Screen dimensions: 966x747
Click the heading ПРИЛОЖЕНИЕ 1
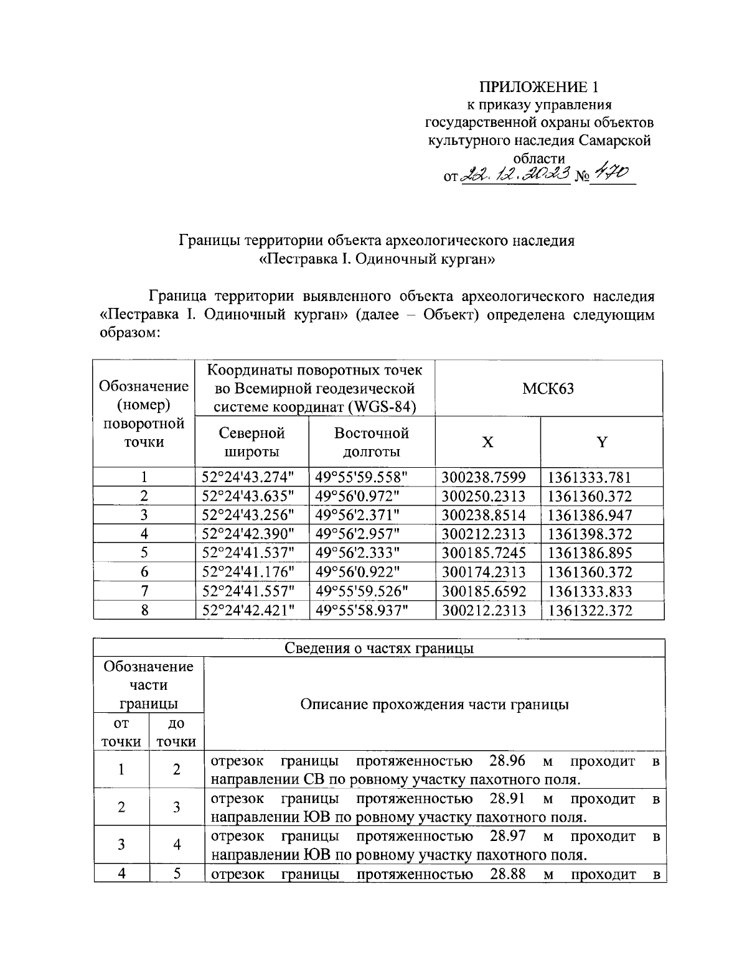click(539, 86)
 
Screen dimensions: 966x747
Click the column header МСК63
click(548, 389)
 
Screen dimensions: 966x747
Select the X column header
click(488, 442)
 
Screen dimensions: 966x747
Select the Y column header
click(601, 442)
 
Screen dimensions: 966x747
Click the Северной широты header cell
click(251, 442)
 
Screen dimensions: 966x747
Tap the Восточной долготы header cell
click(371, 442)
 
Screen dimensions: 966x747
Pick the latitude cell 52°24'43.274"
click(248, 478)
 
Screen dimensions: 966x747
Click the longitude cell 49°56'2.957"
click(362, 534)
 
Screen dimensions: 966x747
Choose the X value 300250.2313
click(484, 496)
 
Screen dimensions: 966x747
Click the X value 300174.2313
click(484, 572)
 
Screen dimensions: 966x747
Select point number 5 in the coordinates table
click(144, 553)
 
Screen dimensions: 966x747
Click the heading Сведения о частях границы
click(379, 648)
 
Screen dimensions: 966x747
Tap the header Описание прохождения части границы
click(434, 705)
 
